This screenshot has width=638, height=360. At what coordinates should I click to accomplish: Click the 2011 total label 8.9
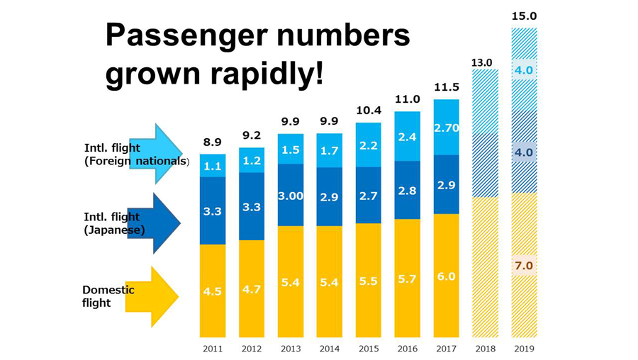(x=212, y=142)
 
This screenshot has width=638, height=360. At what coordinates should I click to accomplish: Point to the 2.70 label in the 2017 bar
(x=446, y=128)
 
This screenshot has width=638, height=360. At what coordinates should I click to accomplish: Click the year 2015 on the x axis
(x=368, y=349)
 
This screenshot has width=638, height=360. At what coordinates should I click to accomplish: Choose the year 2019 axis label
(x=524, y=349)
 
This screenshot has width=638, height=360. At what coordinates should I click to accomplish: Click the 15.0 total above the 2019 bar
(x=524, y=16)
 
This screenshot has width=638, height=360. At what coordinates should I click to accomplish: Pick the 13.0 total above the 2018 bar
(x=484, y=62)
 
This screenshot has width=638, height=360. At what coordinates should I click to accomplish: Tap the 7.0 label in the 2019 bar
(x=524, y=266)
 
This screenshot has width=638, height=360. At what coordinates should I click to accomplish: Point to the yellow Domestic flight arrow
(x=153, y=296)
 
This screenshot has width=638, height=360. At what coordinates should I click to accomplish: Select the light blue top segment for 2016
(x=407, y=136)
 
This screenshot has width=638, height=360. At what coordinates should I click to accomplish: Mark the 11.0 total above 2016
(x=407, y=100)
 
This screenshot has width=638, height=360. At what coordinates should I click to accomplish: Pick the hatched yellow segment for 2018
(x=484, y=266)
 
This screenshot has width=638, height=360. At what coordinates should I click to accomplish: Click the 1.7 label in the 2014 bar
(x=329, y=150)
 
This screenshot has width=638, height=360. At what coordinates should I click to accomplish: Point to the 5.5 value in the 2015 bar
(x=368, y=281)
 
